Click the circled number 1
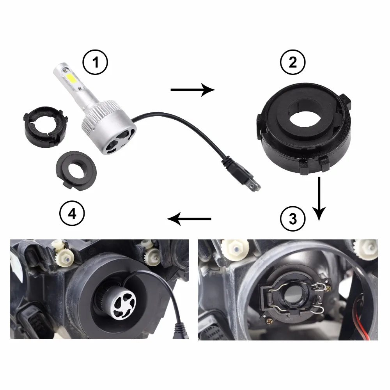tap(95, 62)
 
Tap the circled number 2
tap(293, 62)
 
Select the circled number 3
tap(293, 219)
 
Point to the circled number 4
tap(72, 213)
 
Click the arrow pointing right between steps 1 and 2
tap(193, 90)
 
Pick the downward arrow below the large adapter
tap(319, 199)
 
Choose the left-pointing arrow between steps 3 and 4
tap(189, 219)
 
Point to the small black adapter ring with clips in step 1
tap(45, 127)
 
